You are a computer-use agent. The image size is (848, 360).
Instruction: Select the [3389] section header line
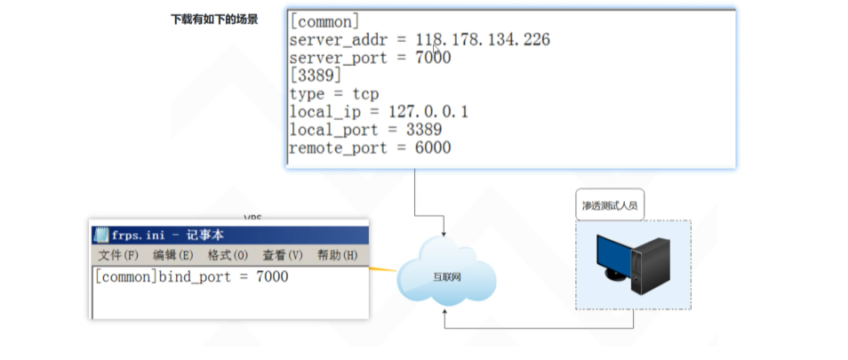pos(315,76)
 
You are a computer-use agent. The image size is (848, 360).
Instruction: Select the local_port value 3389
pos(423,130)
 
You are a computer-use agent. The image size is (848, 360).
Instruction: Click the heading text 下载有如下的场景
pos(214,19)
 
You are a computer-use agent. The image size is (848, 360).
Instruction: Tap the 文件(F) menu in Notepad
pos(118,255)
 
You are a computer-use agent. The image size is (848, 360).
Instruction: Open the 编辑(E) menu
pos(172,255)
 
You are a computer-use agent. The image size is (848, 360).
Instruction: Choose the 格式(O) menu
pos(228,255)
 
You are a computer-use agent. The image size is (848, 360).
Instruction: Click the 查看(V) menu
pos(283,255)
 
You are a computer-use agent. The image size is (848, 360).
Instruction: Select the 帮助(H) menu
pos(337,255)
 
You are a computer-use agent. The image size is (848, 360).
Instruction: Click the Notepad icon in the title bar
pos(100,235)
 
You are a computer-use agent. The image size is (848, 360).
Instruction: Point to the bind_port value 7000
pos(272,276)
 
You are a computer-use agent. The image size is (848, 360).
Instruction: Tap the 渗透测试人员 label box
pos(609,205)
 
